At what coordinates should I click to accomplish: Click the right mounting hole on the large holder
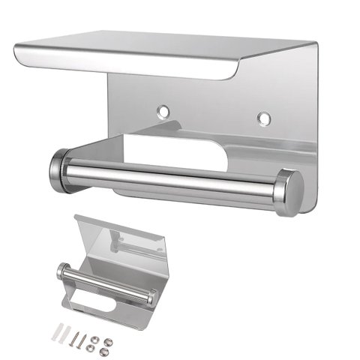click(263, 118)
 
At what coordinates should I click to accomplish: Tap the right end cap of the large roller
click(289, 192)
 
